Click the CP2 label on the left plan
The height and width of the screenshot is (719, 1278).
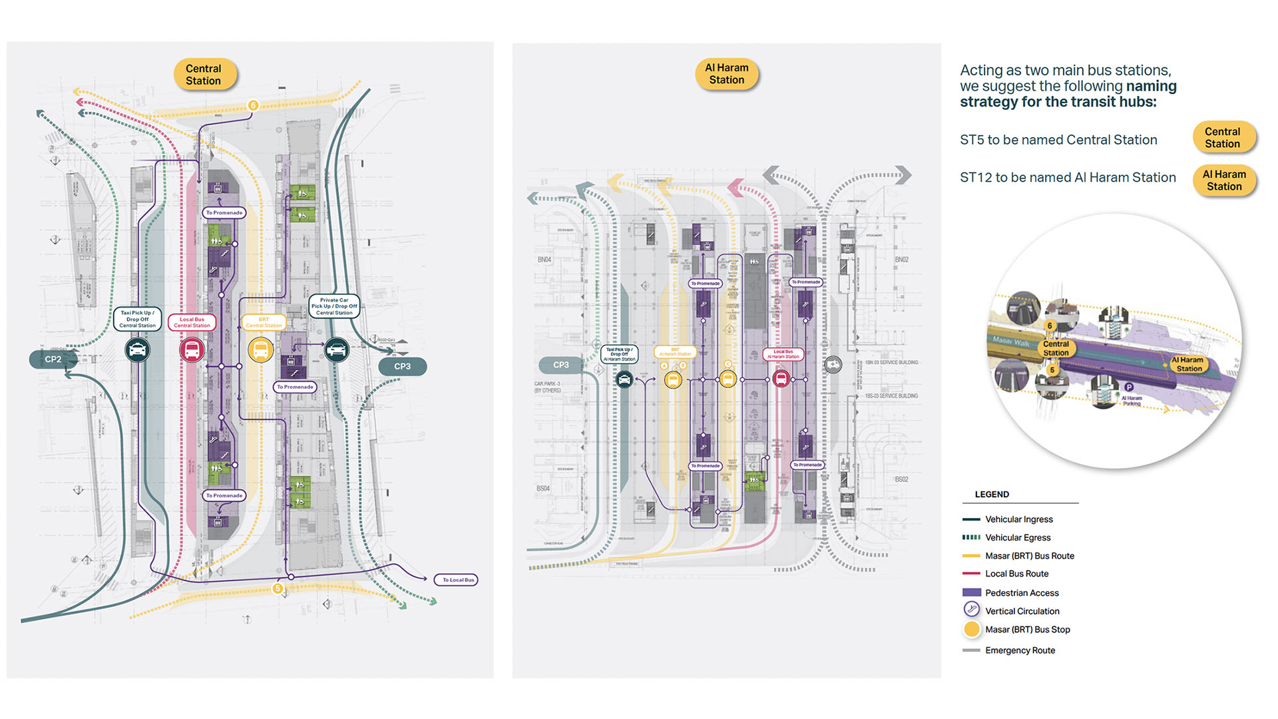[53, 359]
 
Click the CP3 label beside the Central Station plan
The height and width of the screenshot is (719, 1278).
[402, 367]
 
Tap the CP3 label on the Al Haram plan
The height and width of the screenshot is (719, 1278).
[560, 365]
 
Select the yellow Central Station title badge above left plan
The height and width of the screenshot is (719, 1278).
[204, 75]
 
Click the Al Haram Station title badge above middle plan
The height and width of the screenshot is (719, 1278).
[726, 74]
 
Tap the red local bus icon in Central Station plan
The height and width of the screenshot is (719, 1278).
[192, 350]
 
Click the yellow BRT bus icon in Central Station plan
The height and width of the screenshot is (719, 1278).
[260, 350]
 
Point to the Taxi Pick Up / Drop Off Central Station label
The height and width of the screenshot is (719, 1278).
[138, 319]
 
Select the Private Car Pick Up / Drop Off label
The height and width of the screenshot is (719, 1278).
[334, 306]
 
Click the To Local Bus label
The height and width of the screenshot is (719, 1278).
[458, 580]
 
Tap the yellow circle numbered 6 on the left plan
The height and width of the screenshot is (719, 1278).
[253, 105]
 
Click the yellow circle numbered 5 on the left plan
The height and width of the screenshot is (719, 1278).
[278, 589]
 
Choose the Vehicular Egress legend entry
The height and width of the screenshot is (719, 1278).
[1018, 537]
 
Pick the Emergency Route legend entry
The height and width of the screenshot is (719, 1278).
[1020, 650]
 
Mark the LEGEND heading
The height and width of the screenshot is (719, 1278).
[992, 495]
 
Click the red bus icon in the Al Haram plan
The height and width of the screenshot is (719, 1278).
[781, 379]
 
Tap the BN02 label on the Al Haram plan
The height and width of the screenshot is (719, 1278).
[901, 260]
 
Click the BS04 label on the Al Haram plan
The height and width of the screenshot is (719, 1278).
[543, 489]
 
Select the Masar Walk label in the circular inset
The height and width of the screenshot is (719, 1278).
[1010, 341]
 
